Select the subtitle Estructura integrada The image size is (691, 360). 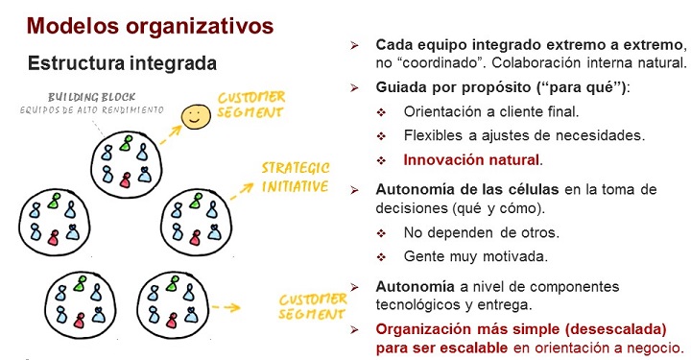coord(122,63)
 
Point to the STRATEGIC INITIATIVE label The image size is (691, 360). coord(296,176)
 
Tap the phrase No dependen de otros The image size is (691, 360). coord(468,233)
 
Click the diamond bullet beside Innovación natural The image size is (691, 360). coord(382,159)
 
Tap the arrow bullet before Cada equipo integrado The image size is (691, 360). coord(355,45)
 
